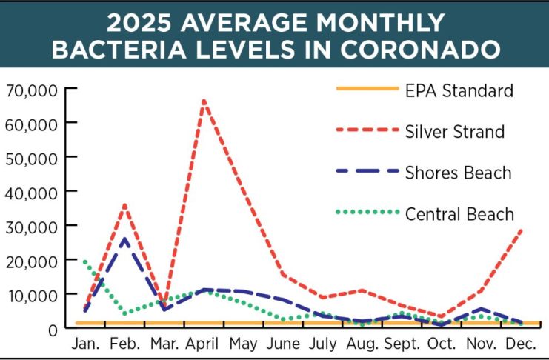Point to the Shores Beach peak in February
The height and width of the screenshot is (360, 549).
(125, 239)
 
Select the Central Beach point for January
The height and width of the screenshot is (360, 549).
(84, 260)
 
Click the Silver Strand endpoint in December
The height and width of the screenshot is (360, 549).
(522, 230)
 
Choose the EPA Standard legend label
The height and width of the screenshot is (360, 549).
(459, 91)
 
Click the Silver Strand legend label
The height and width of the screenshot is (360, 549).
(455, 132)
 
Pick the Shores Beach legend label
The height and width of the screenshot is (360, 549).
(458, 173)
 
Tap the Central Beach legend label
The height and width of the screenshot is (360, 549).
(459, 215)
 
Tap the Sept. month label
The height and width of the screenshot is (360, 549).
(402, 345)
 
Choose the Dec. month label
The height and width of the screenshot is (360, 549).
(522, 345)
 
